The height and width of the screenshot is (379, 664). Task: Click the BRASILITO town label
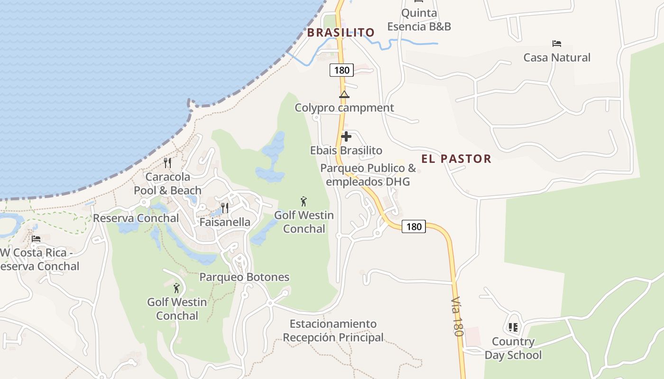point(341,33)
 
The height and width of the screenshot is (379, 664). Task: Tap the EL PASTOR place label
point(456,159)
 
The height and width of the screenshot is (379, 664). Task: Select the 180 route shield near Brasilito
point(341,71)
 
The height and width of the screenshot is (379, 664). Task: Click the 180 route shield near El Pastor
point(414,226)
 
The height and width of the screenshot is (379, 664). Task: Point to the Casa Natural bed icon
point(557,44)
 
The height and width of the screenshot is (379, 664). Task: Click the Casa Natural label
point(557,58)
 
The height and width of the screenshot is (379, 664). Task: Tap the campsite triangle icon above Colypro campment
point(344,94)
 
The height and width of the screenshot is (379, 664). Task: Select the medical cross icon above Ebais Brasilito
point(346,136)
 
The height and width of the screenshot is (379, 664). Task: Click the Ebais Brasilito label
point(346,151)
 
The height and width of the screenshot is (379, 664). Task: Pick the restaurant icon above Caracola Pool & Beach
point(167,163)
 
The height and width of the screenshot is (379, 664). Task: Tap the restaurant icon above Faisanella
point(225,208)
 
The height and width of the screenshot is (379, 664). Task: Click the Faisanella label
point(225,222)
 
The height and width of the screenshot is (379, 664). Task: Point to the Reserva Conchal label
point(136,218)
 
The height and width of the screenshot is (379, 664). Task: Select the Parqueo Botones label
point(244,277)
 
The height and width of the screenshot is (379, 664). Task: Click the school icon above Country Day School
point(513,327)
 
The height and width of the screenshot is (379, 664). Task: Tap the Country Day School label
point(513,348)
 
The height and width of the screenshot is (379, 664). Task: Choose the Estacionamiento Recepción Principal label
point(333,331)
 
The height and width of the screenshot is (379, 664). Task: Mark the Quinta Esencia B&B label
point(419,19)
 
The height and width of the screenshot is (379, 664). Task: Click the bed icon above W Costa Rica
point(36,238)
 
